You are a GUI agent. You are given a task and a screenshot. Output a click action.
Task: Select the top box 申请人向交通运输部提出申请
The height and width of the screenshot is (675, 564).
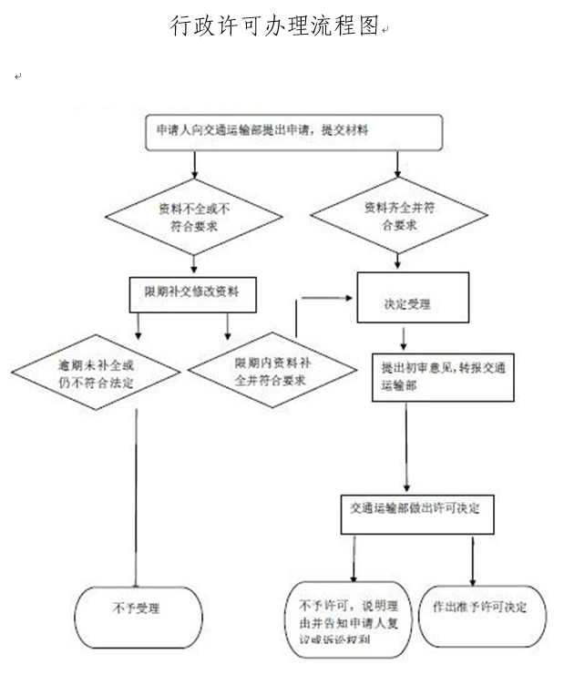[293, 132]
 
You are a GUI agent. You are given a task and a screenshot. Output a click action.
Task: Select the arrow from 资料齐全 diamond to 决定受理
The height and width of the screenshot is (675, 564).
[395, 259]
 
